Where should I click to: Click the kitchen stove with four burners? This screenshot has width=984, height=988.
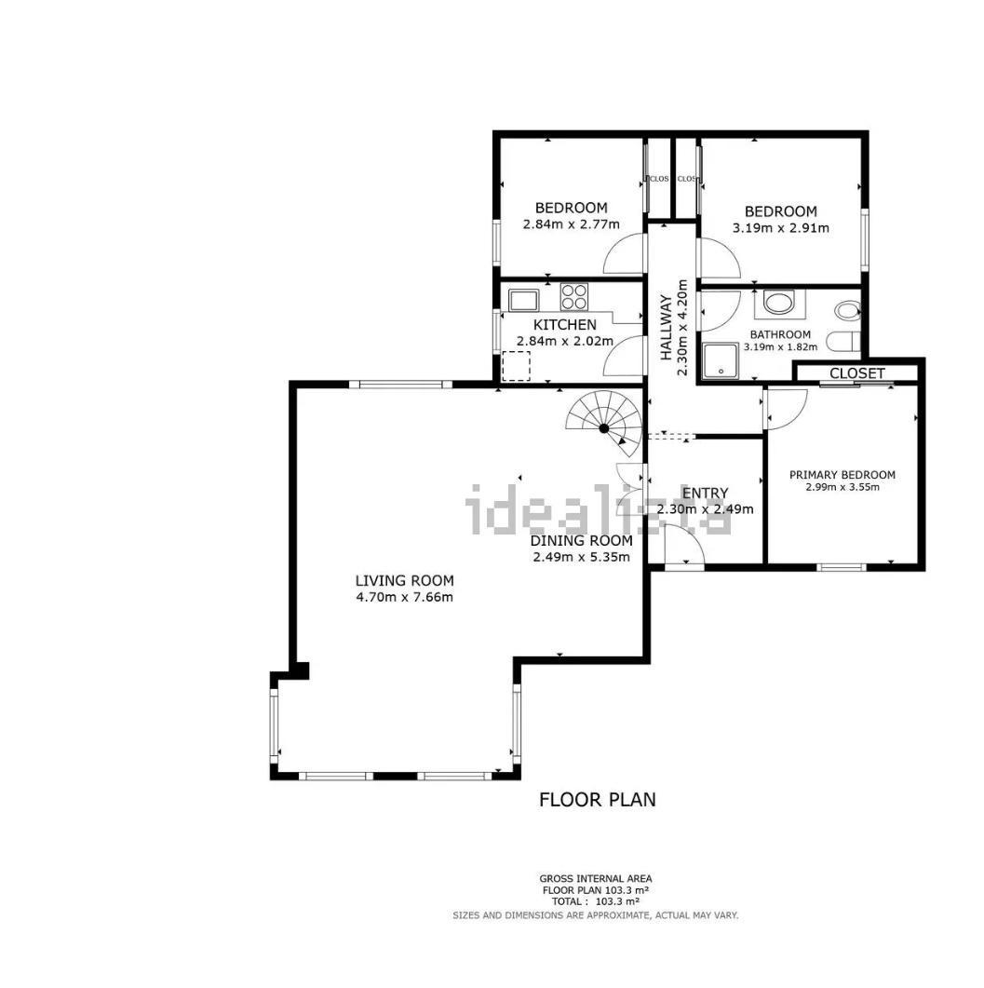pos(574,297)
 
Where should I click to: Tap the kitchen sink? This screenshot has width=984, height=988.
pos(523,300)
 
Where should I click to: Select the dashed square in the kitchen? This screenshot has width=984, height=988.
pos(516,366)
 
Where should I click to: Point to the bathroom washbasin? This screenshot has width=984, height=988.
pos(777,304)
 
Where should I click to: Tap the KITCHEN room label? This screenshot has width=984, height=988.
pos(564,325)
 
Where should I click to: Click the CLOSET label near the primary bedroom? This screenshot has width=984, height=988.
pos(856,373)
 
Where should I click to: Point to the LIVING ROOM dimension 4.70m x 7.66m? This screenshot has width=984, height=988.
pos(404,597)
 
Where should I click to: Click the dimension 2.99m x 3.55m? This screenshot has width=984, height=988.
pos(842,487)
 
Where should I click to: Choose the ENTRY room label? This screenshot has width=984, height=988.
pos(705,494)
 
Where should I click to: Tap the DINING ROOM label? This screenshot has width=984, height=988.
pos(581,540)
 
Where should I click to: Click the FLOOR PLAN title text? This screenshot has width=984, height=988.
pos(597,799)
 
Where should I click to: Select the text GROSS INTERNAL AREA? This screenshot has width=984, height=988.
pos(596,878)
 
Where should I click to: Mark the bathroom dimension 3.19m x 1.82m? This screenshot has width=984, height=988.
pos(780,347)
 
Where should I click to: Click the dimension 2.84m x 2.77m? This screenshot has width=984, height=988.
pos(570,224)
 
